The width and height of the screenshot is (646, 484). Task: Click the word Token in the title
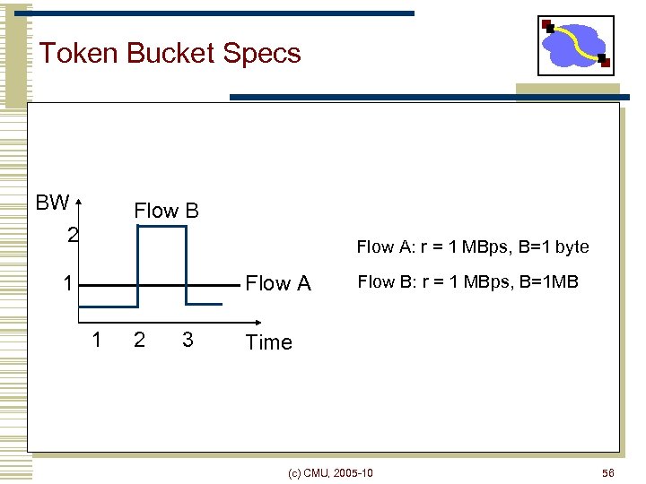79,53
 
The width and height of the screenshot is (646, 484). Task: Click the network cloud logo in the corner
575,46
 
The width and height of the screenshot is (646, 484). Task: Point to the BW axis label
52,203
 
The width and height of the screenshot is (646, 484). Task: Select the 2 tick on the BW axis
73,236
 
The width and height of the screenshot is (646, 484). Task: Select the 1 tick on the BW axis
67,284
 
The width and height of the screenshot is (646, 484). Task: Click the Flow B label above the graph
166,212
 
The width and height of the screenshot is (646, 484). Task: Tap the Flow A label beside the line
278,284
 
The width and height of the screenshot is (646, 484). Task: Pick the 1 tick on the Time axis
97,339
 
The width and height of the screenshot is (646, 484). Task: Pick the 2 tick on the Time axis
139,339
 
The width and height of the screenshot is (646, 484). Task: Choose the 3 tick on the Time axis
187,339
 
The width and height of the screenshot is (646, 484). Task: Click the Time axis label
269,342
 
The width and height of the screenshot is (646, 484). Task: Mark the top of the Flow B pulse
161,227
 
